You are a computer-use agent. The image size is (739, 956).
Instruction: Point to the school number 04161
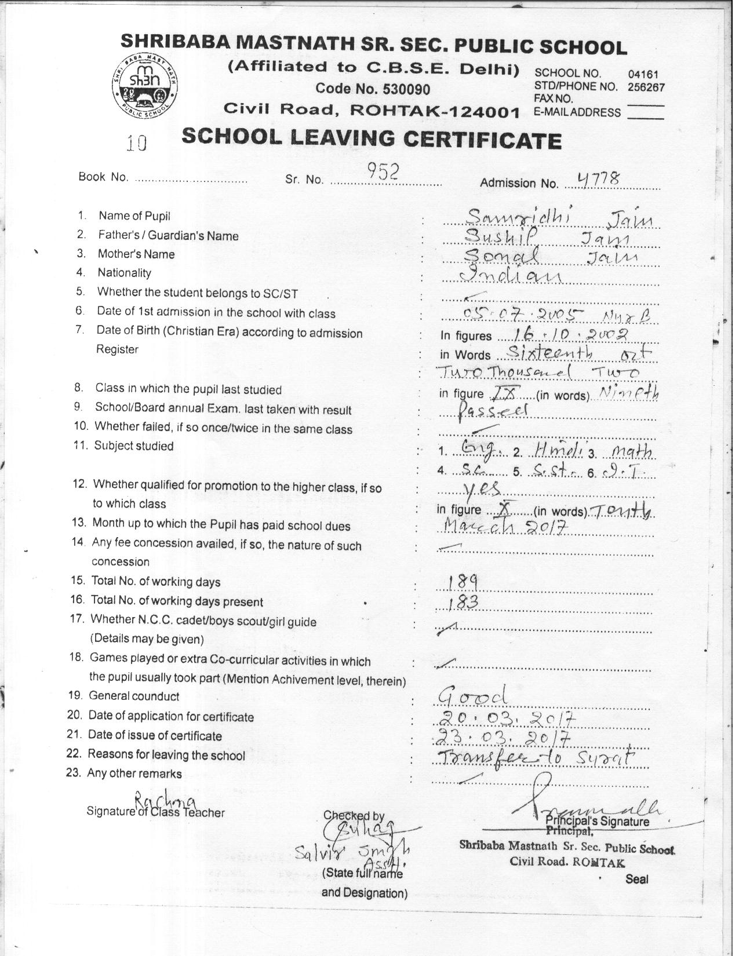(x=643, y=74)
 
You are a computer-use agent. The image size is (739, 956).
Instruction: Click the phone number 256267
(x=646, y=87)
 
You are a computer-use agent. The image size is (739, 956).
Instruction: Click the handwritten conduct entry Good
(x=472, y=695)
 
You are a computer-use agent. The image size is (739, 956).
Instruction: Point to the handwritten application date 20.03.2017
(x=505, y=718)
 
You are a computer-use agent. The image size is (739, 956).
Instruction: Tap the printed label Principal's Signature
(x=597, y=821)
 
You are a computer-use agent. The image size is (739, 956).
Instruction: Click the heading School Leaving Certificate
(x=371, y=138)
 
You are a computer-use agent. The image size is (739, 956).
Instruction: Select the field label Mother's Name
(x=136, y=254)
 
